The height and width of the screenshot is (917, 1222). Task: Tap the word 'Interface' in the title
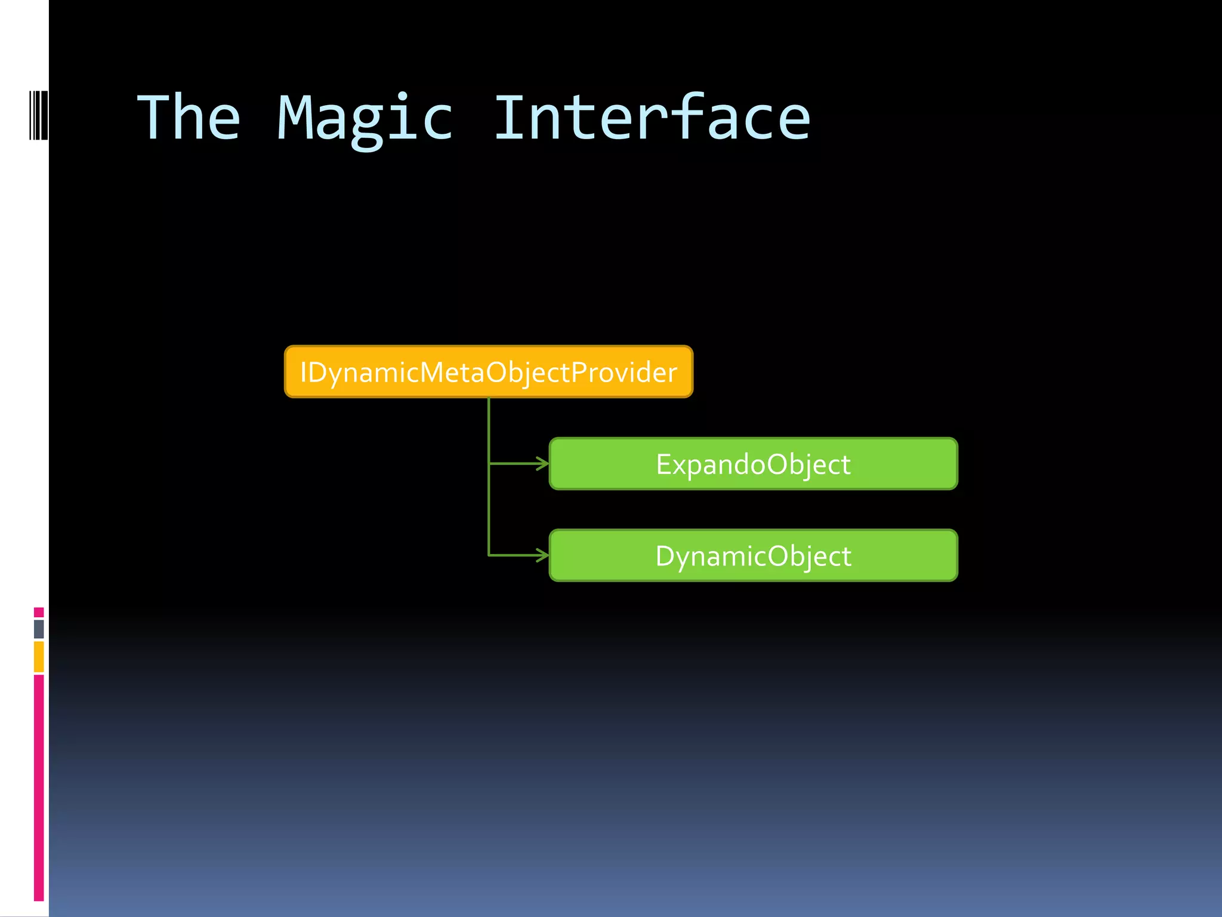pyautogui.click(x=652, y=118)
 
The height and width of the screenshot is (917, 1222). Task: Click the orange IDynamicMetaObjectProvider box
pyautogui.click(x=488, y=371)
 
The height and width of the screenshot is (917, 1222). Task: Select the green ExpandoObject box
pyautogui.click(x=753, y=464)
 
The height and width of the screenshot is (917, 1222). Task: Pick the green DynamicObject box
pyautogui.click(x=753, y=555)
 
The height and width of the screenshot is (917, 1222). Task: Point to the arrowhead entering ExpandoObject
pyautogui.click(x=542, y=463)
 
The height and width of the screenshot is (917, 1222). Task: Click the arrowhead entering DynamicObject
pyautogui.click(x=542, y=555)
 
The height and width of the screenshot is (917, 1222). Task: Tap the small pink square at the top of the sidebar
pyautogui.click(x=39, y=612)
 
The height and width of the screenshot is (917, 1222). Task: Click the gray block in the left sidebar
pyautogui.click(x=39, y=629)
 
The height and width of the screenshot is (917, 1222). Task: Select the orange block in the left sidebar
pyautogui.click(x=39, y=656)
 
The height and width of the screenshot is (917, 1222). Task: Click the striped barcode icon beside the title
pyautogui.click(x=39, y=115)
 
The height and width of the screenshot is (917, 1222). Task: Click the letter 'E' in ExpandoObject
pyautogui.click(x=664, y=464)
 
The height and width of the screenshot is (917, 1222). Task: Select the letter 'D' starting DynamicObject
pyautogui.click(x=665, y=556)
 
